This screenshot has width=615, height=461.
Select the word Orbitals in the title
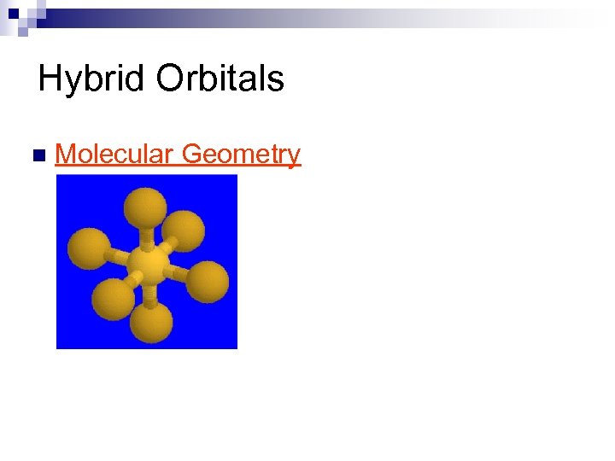click(x=220, y=79)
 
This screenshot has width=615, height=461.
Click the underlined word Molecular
click(x=114, y=155)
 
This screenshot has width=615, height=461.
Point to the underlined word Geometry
click(x=242, y=155)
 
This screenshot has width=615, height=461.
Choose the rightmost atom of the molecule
click(x=208, y=281)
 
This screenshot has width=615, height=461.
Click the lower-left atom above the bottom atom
click(x=114, y=298)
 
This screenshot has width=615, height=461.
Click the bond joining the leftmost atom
click(x=118, y=256)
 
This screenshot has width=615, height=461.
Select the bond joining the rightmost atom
click(x=177, y=274)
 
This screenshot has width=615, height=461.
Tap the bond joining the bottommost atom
click(x=149, y=295)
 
